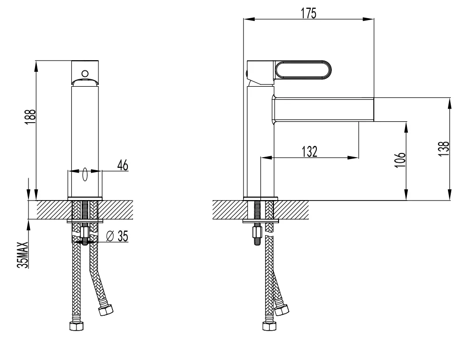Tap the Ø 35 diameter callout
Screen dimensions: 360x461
coord(117,236)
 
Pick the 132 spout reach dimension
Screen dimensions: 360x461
coord(309,151)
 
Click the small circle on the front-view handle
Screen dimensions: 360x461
coord(85,73)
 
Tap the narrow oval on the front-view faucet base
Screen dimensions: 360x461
coord(85,175)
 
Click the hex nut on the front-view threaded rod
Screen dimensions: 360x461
coord(85,232)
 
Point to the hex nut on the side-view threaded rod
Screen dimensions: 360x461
coord(257,232)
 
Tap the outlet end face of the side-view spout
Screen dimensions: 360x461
coord(374,109)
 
